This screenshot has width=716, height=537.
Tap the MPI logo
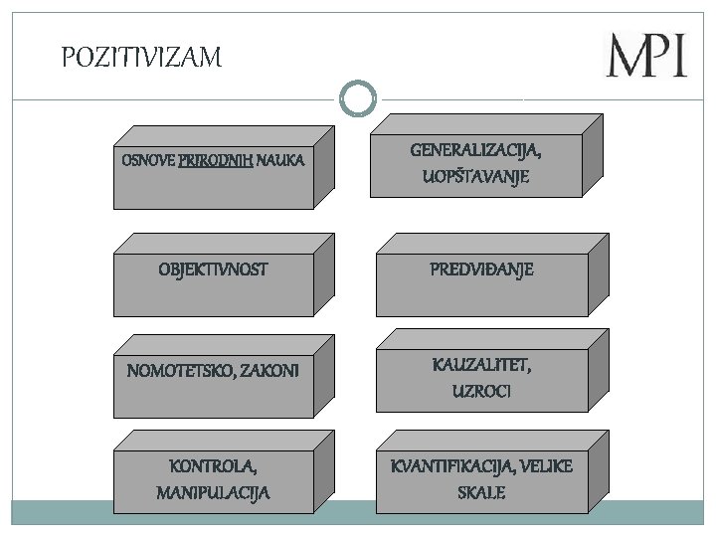pos(646,56)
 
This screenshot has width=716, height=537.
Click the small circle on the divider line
pos(357,97)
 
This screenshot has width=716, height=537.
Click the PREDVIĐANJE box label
pos(481,269)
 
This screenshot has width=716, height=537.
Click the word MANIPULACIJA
pos(214,492)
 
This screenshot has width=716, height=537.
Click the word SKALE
pos(481,492)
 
